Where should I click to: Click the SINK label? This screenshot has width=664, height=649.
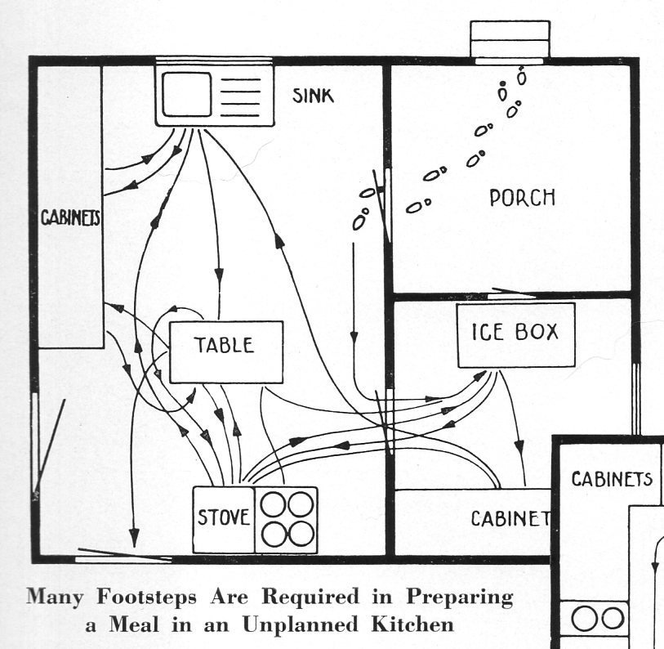[314, 96]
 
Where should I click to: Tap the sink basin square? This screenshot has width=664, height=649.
[186, 96]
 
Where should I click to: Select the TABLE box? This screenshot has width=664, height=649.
[225, 351]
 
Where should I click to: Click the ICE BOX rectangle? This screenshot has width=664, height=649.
[515, 334]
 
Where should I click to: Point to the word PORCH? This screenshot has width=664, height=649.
[522, 198]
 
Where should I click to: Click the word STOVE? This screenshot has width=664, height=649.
[223, 518]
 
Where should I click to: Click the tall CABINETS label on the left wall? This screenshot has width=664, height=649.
[70, 219]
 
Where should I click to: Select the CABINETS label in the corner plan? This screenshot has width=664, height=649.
[611, 479]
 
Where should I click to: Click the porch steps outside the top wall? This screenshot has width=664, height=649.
[510, 40]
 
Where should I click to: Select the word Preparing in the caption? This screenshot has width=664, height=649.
[462, 597]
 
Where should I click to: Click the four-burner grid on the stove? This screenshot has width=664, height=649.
[286, 520]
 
